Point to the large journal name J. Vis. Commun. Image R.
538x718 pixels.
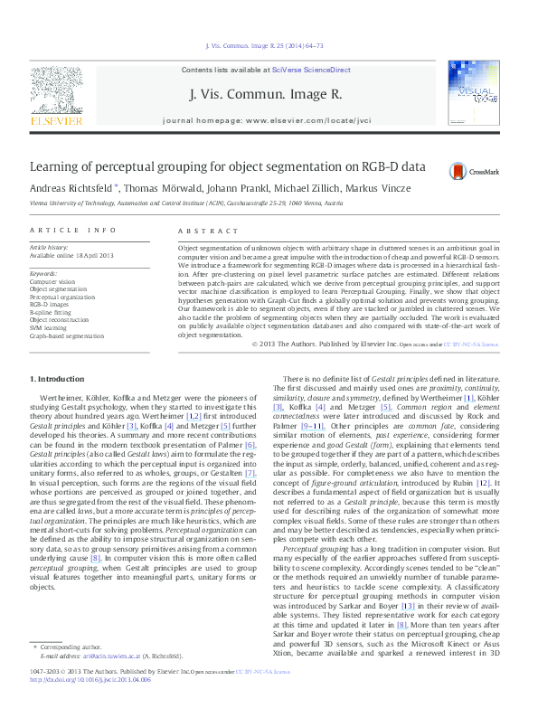[x=265, y=93]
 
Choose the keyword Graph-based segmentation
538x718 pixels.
[x=67, y=335]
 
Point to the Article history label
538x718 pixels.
[x=49, y=247]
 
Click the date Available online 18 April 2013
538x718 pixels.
[x=71, y=255]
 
